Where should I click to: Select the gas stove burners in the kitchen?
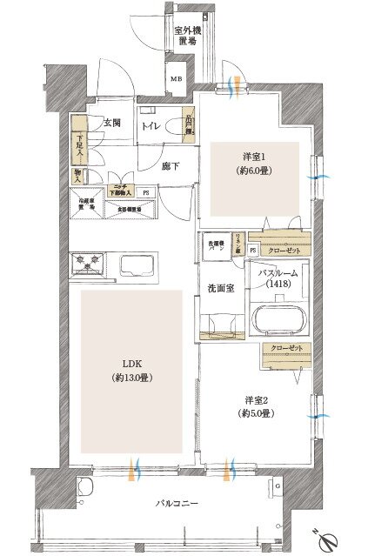click(89, 261)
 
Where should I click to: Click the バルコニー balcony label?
click(178, 503)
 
